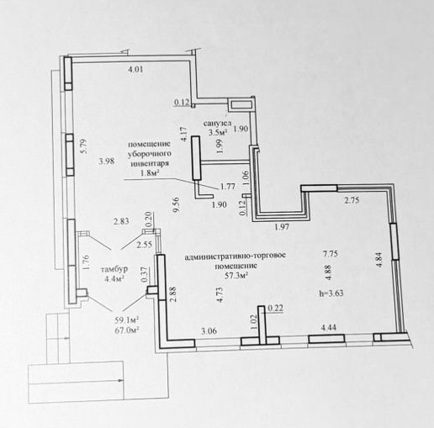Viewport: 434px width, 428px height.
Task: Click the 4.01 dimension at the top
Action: click(x=135, y=69)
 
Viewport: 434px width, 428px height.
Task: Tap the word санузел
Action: click(x=217, y=123)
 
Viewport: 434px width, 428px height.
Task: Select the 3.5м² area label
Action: click(x=218, y=132)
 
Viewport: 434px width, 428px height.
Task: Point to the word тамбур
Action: click(x=114, y=269)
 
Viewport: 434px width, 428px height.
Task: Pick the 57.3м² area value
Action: click(x=237, y=276)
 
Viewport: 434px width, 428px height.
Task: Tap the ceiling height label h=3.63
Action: click(x=331, y=293)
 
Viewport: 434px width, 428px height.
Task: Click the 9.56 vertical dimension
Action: click(x=177, y=205)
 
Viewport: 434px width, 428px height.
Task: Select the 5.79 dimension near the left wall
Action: click(x=84, y=146)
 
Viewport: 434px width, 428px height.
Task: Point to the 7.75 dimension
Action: click(x=330, y=254)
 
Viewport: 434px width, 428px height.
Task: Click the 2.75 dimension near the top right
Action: click(x=352, y=200)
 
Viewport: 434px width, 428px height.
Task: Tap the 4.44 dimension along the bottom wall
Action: click(x=328, y=327)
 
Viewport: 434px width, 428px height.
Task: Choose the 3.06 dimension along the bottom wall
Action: click(x=209, y=331)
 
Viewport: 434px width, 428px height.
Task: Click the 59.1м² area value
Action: click(x=127, y=320)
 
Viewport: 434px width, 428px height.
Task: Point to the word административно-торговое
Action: click(x=236, y=256)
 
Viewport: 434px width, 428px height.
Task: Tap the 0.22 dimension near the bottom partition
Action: click(x=276, y=308)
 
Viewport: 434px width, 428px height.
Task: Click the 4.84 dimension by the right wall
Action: click(x=379, y=261)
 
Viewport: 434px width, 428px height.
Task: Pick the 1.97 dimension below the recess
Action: click(x=282, y=226)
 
